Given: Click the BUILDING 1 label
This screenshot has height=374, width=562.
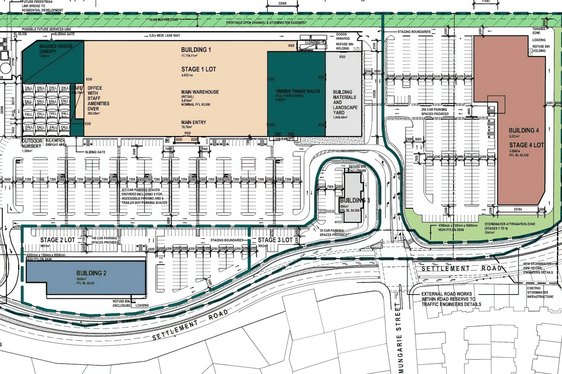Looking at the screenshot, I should pyautogui.click(x=196, y=50).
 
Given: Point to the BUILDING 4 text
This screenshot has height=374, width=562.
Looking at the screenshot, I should pyautogui.click(x=524, y=130).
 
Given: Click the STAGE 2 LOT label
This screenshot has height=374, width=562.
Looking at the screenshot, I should pyautogui.click(x=58, y=240).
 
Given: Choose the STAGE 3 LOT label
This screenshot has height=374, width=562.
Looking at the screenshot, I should pyautogui.click(x=275, y=240).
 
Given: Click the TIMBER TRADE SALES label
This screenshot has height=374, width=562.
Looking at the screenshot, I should pyautogui.click(x=297, y=91).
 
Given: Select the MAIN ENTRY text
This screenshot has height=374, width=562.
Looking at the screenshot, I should pyautogui.click(x=193, y=122).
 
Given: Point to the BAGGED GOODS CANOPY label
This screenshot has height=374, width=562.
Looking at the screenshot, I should pyautogui.click(x=56, y=49).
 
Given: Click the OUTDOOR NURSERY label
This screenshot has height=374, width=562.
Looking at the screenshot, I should pyautogui.click(x=32, y=144).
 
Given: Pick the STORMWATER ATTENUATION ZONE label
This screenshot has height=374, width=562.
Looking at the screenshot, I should pyautogui.click(x=510, y=224).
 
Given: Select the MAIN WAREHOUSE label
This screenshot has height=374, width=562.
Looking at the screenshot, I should pyautogui.click(x=200, y=92).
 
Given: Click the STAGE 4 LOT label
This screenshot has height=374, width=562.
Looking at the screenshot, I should pyautogui.click(x=526, y=145).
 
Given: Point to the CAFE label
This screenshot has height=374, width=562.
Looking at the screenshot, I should pyautogui.click(x=77, y=88).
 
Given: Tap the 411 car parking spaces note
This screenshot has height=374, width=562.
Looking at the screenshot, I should pyautogui.click(x=144, y=196).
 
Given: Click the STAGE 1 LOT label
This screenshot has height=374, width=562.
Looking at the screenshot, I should pyautogui.click(x=198, y=69).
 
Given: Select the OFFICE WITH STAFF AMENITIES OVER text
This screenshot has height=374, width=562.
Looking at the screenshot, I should pyautogui.click(x=98, y=98).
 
